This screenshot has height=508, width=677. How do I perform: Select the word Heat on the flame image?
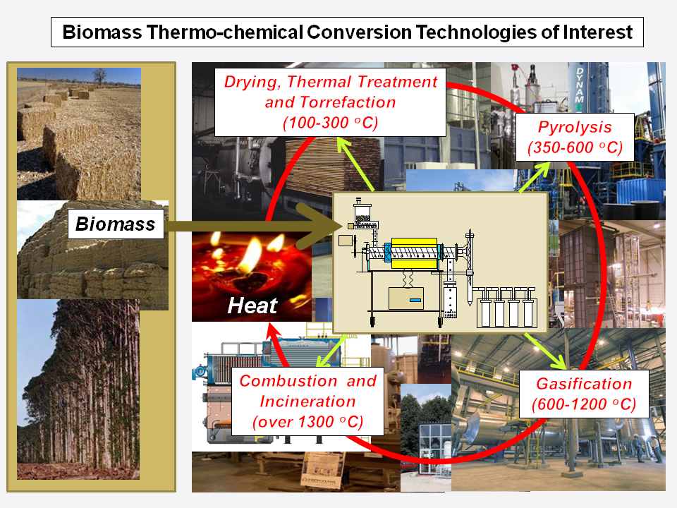tap(252, 306)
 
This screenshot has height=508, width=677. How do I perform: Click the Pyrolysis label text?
tap(575, 128)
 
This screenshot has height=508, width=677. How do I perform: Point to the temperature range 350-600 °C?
tap(575, 148)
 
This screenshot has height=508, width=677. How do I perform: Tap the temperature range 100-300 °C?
tap(330, 123)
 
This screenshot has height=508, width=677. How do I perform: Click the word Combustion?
tap(278, 381)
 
